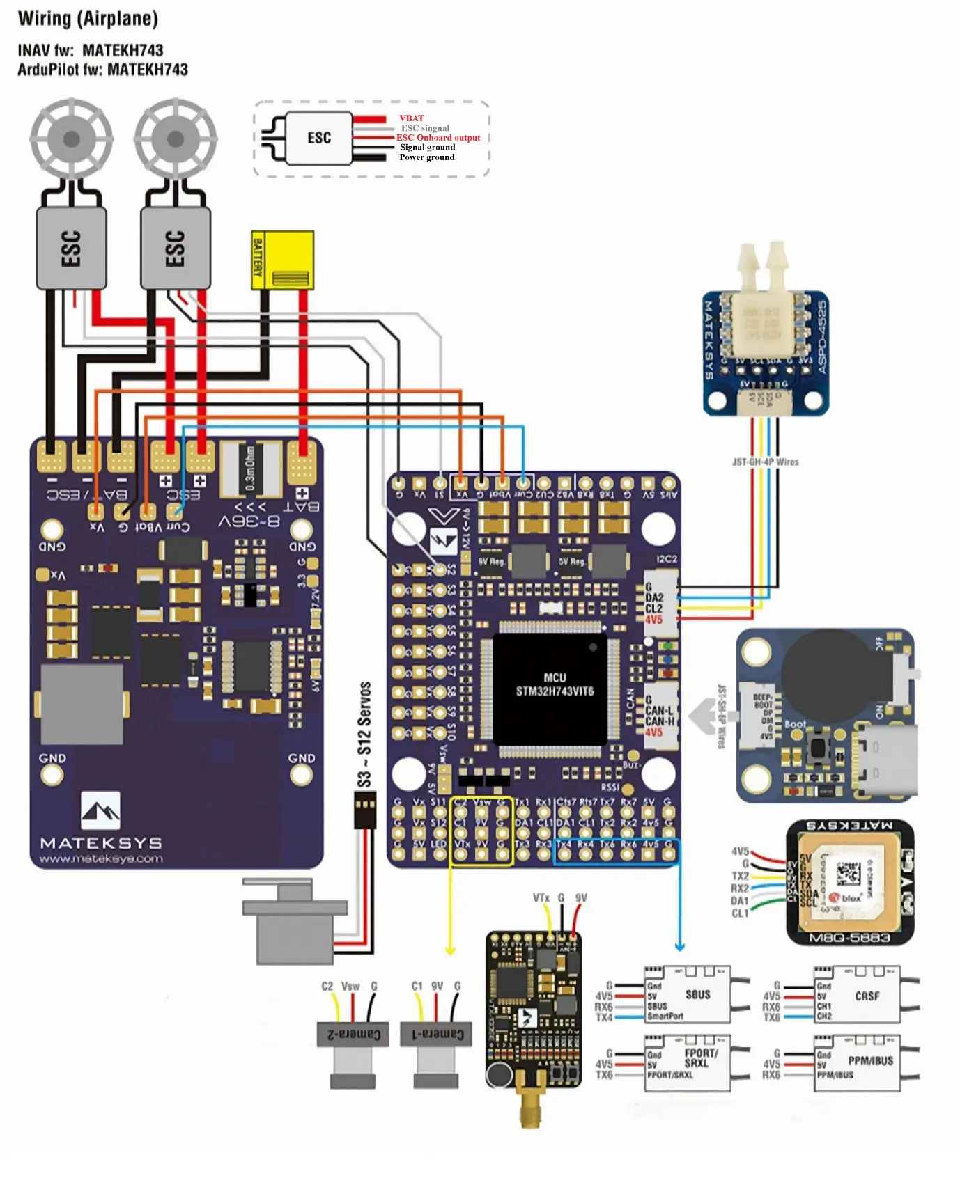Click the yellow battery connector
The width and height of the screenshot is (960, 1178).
coord(283,260)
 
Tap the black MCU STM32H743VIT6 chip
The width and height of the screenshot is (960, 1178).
coord(550,688)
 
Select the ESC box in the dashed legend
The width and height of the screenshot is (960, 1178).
coord(319,138)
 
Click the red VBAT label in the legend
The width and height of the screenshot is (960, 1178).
coord(411,118)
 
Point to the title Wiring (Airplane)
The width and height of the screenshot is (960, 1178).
coord(88,19)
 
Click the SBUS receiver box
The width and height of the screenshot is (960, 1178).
coord(688,994)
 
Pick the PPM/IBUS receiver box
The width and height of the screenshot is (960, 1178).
coord(858,1062)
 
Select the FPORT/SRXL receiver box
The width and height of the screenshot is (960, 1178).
coord(688,1062)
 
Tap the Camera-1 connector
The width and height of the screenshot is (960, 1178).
coord(436,1035)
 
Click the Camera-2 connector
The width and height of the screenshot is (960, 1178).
coord(353,1035)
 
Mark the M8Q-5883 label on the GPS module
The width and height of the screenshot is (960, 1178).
coord(849,938)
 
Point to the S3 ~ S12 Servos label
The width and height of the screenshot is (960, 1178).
coord(364,735)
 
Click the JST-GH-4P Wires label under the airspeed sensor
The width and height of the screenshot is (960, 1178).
coord(765,462)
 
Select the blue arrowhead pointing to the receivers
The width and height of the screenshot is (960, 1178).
coord(680,947)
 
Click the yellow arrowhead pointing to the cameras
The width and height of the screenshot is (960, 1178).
coord(450,950)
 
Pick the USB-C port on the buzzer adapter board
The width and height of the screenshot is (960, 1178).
coord(885,759)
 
